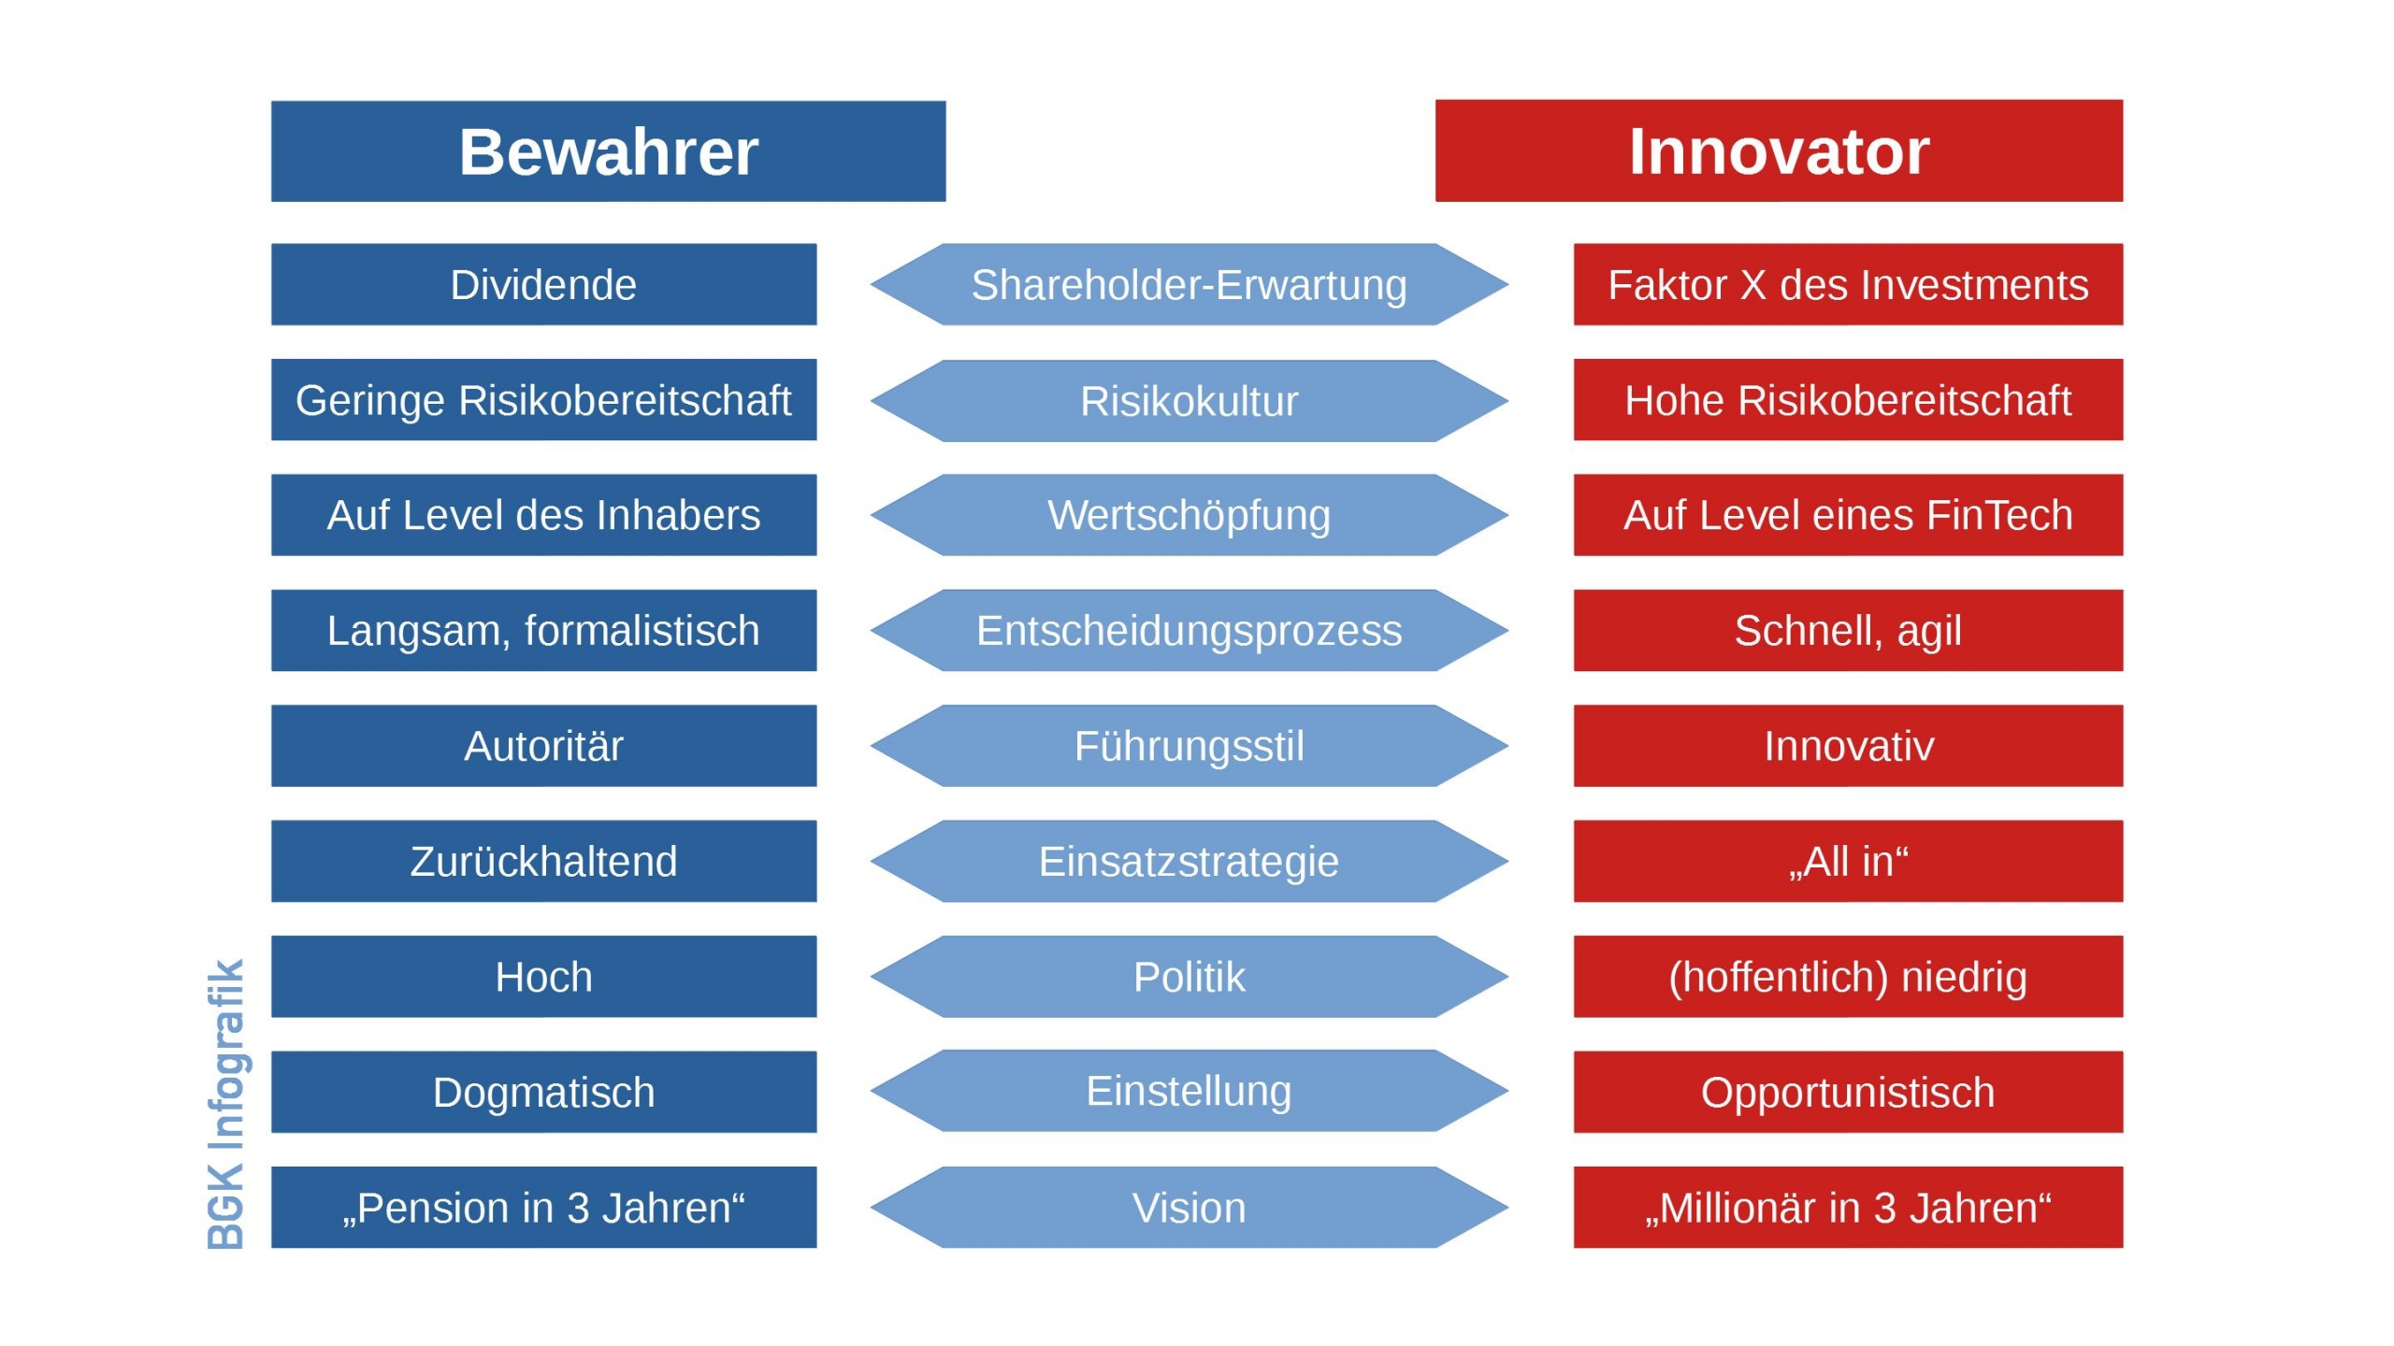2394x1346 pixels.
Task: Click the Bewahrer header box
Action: pyautogui.click(x=608, y=151)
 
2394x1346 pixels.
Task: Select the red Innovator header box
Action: pyautogui.click(x=1779, y=151)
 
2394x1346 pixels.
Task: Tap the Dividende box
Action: pyautogui.click(x=543, y=285)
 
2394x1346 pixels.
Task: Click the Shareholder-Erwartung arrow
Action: pyautogui.click(x=1189, y=285)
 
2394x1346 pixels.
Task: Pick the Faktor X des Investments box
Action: pyautogui.click(x=1848, y=285)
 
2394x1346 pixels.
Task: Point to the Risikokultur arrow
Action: pyautogui.click(x=1189, y=401)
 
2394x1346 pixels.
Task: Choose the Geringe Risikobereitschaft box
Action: pyautogui.click(x=543, y=400)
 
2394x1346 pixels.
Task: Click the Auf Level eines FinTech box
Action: pyautogui.click(x=1848, y=515)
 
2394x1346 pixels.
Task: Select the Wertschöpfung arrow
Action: pyautogui.click(x=1189, y=515)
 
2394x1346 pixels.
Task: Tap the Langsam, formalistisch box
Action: pyautogui.click(x=543, y=631)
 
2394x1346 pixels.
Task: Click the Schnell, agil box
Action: pyautogui.click(x=1848, y=631)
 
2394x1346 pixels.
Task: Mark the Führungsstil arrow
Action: pyautogui.click(x=1189, y=746)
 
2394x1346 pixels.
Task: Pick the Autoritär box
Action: pyautogui.click(x=543, y=746)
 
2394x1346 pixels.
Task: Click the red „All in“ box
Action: pyautogui.click(x=1848, y=862)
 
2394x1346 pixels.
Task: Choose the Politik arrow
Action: pyautogui.click(x=1189, y=977)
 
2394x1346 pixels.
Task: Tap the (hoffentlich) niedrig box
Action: pyautogui.click(x=1848, y=977)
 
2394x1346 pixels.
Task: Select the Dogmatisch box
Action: pyautogui.click(x=543, y=1093)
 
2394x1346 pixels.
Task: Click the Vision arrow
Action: pyautogui.click(x=1189, y=1208)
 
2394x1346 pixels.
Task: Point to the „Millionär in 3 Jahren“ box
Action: pyautogui.click(x=1848, y=1208)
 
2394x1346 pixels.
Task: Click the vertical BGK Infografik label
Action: pyautogui.click(x=225, y=1104)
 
